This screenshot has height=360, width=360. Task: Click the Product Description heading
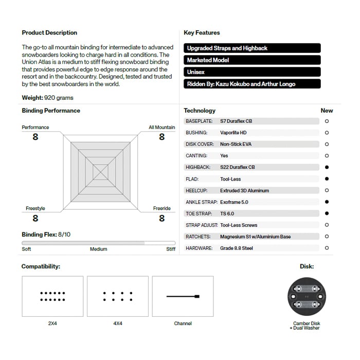[49, 32]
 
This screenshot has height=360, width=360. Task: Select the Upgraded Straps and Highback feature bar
[252, 48]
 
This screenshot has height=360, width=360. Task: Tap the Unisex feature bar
[252, 72]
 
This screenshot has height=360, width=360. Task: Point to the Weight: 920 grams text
[47, 98]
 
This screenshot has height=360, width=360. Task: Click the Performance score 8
[35, 137]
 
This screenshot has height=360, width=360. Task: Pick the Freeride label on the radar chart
[161, 208]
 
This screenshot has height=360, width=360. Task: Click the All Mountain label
[161, 127]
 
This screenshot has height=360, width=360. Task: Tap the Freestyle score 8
[35, 218]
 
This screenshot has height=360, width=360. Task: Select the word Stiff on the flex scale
[170, 249]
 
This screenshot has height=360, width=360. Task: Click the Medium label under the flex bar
[98, 249]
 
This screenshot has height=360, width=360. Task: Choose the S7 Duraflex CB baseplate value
[236, 121]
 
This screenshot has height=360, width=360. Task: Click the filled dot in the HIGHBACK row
[327, 167]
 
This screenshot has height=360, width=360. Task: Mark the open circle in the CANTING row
[327, 156]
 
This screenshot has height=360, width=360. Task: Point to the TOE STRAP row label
[199, 213]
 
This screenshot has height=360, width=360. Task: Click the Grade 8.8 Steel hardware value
[237, 248]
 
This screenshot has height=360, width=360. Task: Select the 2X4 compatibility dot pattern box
[52, 296]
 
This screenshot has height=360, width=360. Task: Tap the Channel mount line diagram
[183, 296]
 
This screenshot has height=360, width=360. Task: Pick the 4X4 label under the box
[117, 323]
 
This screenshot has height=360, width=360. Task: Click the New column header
[327, 111]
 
